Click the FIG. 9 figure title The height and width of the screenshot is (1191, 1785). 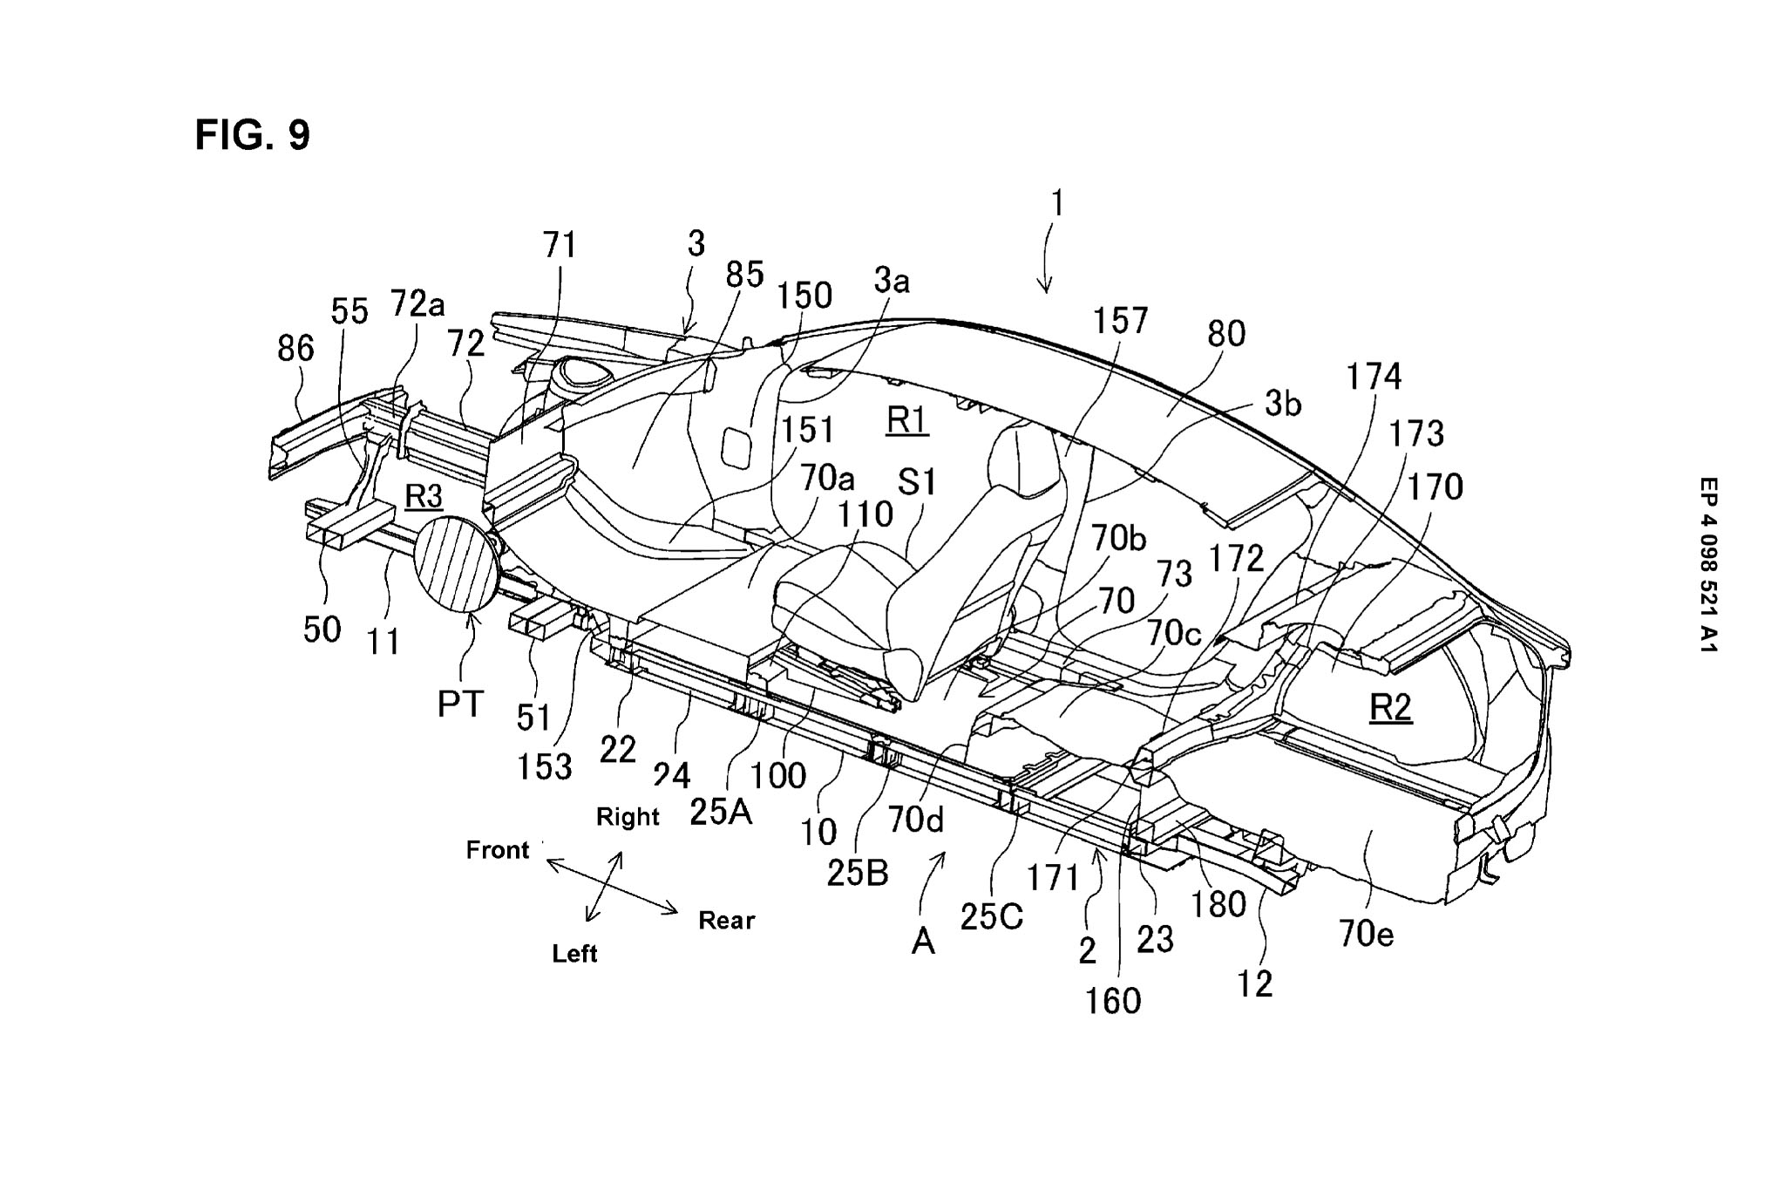[252, 135]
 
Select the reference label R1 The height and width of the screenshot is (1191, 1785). [907, 421]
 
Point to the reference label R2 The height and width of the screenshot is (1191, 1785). [1390, 707]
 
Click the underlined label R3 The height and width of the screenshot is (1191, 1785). [424, 497]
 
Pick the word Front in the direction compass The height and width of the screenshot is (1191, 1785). [498, 850]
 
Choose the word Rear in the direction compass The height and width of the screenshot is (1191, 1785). [726, 920]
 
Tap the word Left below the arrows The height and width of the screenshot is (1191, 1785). [574, 953]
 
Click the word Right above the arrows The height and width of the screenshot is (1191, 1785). [628, 817]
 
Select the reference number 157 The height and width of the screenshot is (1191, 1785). [1120, 321]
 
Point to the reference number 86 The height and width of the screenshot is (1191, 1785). [295, 349]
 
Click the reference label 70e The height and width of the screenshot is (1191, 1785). [1367, 935]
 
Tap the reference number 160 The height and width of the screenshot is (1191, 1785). [1113, 1001]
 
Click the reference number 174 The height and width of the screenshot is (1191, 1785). [1374, 377]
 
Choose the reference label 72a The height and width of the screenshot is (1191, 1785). [417, 303]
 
